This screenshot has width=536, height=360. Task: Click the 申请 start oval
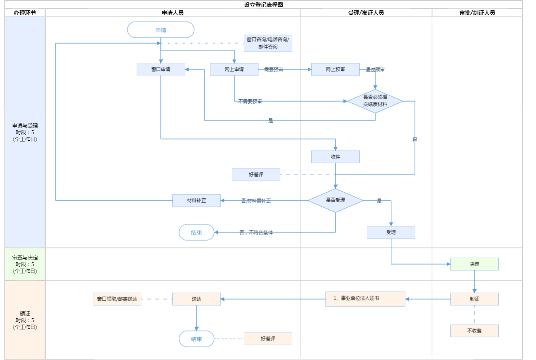click(x=161, y=30)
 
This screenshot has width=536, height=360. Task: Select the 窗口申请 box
click(x=161, y=69)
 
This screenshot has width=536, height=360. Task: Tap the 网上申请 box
click(x=234, y=69)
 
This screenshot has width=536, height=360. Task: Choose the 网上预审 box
click(x=335, y=69)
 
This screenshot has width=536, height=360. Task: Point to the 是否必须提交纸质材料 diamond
click(x=375, y=101)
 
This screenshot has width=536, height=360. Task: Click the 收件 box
click(x=335, y=157)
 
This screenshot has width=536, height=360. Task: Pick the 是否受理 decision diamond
click(x=335, y=200)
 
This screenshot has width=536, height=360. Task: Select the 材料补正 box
click(x=197, y=200)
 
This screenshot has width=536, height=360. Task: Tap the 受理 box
click(x=391, y=232)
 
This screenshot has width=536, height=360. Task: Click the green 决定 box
click(x=474, y=264)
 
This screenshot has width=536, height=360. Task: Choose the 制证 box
click(x=474, y=299)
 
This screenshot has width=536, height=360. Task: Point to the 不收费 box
click(x=474, y=331)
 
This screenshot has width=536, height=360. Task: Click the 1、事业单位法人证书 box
click(x=365, y=299)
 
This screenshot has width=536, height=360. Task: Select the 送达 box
click(x=197, y=299)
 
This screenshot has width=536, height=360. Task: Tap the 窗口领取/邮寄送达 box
click(x=117, y=299)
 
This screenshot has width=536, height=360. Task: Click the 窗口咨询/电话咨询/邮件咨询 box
click(x=268, y=43)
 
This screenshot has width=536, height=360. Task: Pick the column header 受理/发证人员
click(x=366, y=13)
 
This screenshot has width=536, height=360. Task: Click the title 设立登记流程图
click(x=264, y=5)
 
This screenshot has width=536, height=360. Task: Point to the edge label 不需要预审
click(x=250, y=101)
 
